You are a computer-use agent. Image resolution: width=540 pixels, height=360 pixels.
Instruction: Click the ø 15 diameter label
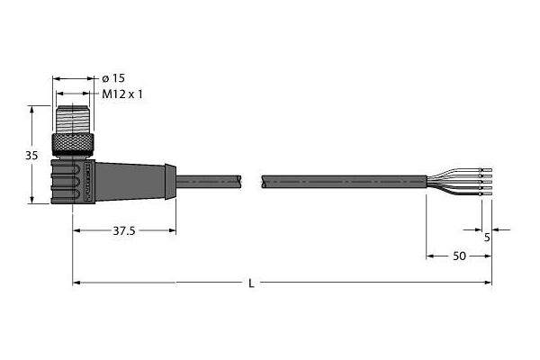(113, 78)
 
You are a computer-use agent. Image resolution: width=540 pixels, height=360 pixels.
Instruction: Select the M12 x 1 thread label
(122, 94)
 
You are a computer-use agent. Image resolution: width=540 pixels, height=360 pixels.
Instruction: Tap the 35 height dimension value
(31, 156)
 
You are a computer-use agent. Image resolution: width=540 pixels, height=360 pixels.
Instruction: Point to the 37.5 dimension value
(124, 230)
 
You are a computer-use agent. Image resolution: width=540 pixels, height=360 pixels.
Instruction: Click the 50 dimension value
(459, 256)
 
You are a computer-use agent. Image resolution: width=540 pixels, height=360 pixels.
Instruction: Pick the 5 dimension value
(487, 238)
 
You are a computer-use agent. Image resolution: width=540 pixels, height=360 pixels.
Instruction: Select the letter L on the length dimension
(252, 283)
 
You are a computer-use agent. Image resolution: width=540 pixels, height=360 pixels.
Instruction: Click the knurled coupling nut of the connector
(73, 146)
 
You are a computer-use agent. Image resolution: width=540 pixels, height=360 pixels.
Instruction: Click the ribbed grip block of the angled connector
(73, 181)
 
